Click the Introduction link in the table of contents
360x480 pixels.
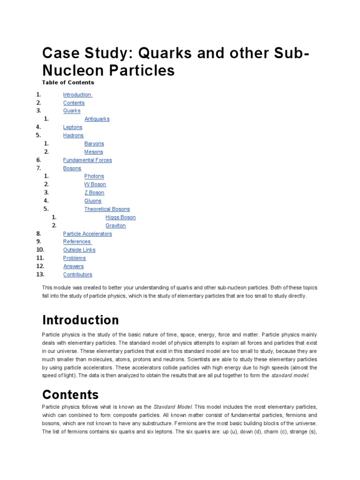[77, 95]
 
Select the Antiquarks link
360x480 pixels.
[97, 119]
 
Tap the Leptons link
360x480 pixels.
[73, 127]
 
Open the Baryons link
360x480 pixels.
[94, 143]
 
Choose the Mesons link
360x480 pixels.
[93, 152]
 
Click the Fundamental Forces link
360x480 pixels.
[87, 160]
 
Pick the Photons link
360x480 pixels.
[94, 176]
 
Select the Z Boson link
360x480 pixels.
[94, 193]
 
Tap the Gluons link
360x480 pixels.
[92, 201]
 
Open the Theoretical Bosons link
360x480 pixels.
[107, 209]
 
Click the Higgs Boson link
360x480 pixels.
[120, 217]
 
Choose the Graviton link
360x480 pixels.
[115, 225]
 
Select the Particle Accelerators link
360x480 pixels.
[87, 233]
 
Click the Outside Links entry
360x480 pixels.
[79, 250]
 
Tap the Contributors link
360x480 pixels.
[77, 275]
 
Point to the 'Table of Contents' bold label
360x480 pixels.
[68, 82]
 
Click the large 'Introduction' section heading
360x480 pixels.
[81, 320]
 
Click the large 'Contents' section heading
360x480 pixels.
[70, 394]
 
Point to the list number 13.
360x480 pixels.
[40, 275]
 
